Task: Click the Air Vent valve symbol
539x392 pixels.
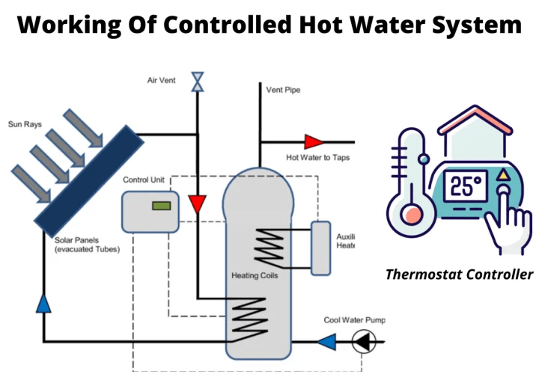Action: [198, 82]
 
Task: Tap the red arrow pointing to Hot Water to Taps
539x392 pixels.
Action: [312, 141]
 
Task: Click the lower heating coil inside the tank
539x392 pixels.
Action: [248, 317]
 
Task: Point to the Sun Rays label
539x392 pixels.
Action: [25, 123]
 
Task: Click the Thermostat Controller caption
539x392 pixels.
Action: [459, 275]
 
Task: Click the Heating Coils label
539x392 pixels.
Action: [255, 276]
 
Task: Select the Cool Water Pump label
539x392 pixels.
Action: [354, 320]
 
